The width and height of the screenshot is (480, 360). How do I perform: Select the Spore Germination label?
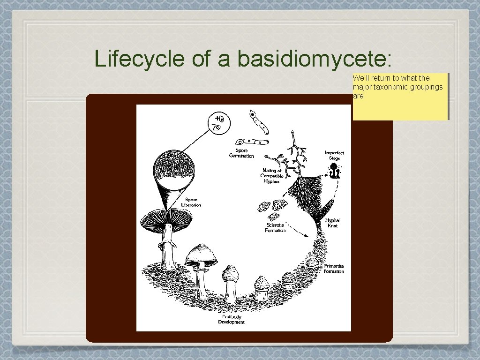click(241, 153)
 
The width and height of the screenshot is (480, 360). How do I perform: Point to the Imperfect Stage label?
click(334, 156)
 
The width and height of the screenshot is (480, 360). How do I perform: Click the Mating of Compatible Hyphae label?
click(272, 176)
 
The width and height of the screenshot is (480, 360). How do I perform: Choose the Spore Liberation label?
click(191, 202)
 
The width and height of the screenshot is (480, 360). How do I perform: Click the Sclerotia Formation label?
click(275, 227)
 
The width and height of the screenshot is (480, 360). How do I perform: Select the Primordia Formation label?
click(334, 269)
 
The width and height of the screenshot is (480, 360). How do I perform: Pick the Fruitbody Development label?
click(231, 319)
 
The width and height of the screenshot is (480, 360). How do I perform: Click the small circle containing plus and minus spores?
click(217, 124)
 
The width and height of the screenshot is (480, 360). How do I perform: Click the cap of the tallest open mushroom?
click(167, 219)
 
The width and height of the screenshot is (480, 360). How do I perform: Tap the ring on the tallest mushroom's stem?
click(166, 245)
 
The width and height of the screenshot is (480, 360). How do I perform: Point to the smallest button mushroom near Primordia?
click(289, 280)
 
